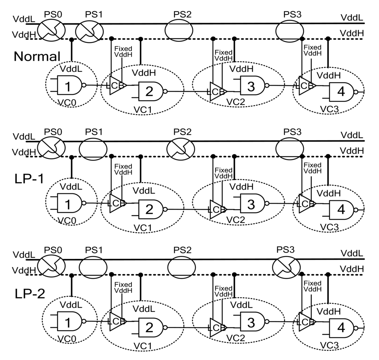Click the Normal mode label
[37, 56]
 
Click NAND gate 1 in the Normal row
[69, 86]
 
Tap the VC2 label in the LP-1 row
[236, 220]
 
